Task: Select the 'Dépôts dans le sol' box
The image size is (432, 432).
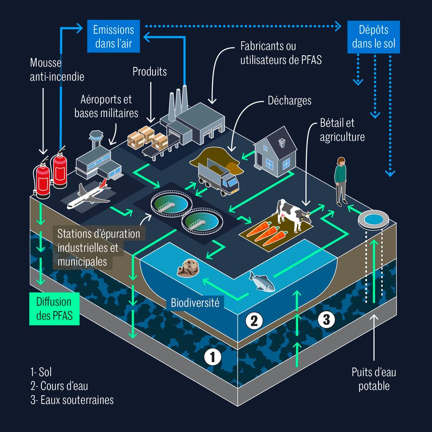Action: click(374, 37)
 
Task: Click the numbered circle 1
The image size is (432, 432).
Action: click(213, 357)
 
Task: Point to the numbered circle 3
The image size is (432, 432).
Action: click(327, 320)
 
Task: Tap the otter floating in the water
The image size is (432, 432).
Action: click(188, 268)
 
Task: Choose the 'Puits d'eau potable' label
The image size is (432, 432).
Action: click(373, 378)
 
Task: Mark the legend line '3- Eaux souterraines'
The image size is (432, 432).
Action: click(72, 400)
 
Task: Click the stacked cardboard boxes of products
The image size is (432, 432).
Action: click(147, 137)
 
